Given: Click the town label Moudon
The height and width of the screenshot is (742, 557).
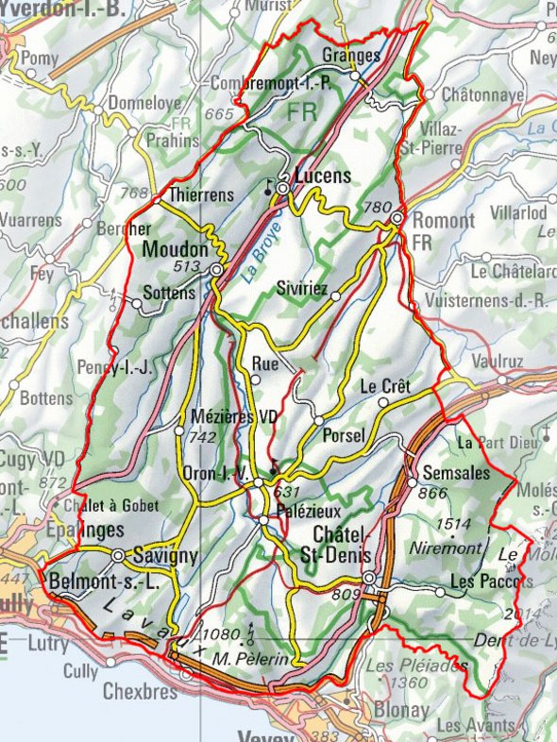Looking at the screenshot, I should pyautogui.click(x=175, y=250).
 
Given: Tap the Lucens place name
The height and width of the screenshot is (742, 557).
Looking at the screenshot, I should pyautogui.click(x=322, y=176).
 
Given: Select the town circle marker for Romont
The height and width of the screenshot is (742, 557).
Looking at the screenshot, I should pyautogui.click(x=397, y=218).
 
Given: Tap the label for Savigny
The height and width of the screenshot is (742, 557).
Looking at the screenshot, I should pyautogui.click(x=165, y=555).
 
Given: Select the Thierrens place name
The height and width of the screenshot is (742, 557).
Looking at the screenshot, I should pyautogui.click(x=201, y=194).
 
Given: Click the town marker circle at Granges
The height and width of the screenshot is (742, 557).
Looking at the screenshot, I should pyautogui.click(x=356, y=75).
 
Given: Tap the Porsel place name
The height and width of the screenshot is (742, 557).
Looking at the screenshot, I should pyautogui.click(x=343, y=435).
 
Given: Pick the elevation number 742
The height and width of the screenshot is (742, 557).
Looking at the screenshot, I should pyautogui.click(x=203, y=436).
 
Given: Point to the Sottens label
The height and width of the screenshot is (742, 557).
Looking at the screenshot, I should pyautogui.click(x=170, y=293).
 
